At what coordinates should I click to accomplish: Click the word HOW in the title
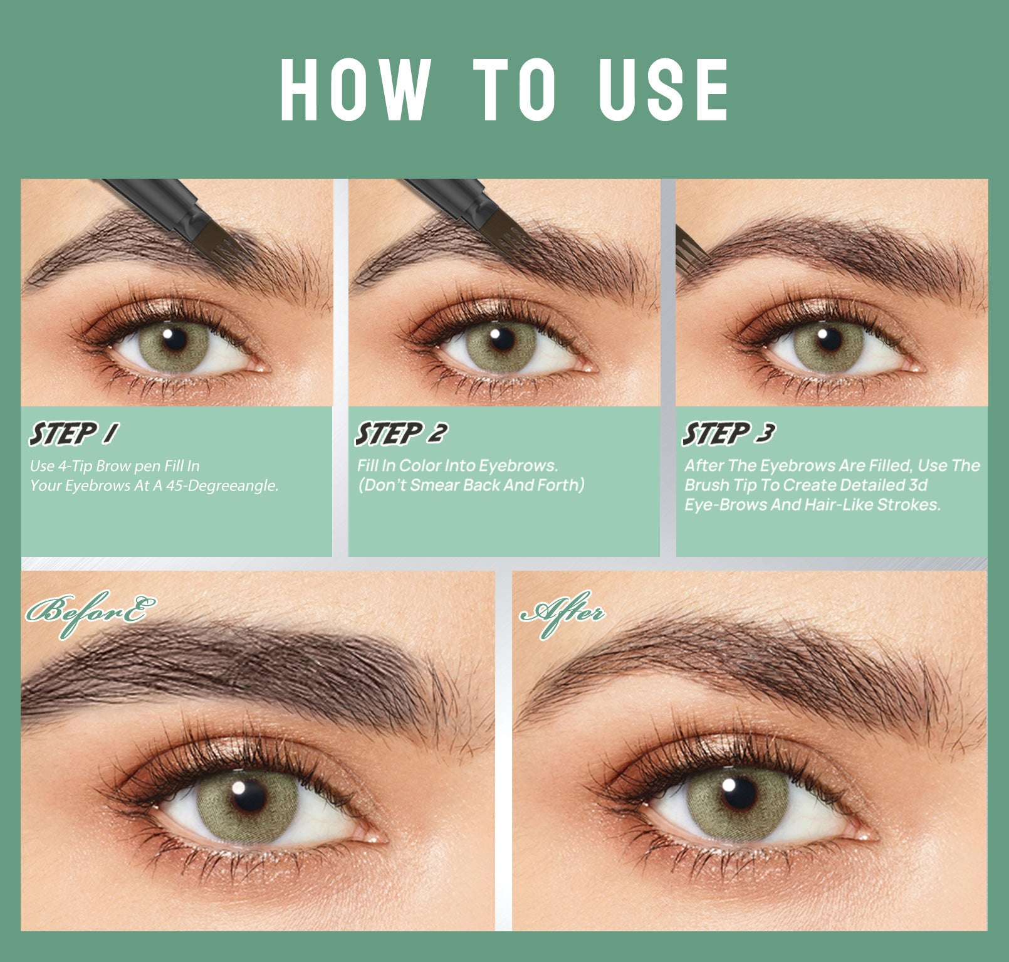pyautogui.click(x=355, y=90)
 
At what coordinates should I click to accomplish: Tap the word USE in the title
pyautogui.click(x=664, y=90)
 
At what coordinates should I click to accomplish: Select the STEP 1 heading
pyautogui.click(x=74, y=434)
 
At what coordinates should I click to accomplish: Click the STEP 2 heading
pyautogui.click(x=402, y=434)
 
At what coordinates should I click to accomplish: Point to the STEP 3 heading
pyautogui.click(x=729, y=434)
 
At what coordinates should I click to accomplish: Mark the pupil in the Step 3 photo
pyautogui.click(x=829, y=341)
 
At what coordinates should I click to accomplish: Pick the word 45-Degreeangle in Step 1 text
pyautogui.click(x=222, y=485)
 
